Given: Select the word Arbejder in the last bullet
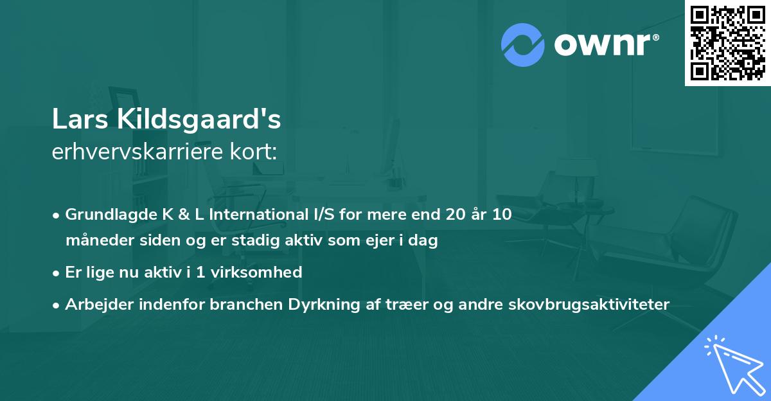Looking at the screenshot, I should (x=94, y=304).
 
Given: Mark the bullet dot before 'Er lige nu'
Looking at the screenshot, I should (x=57, y=272).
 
